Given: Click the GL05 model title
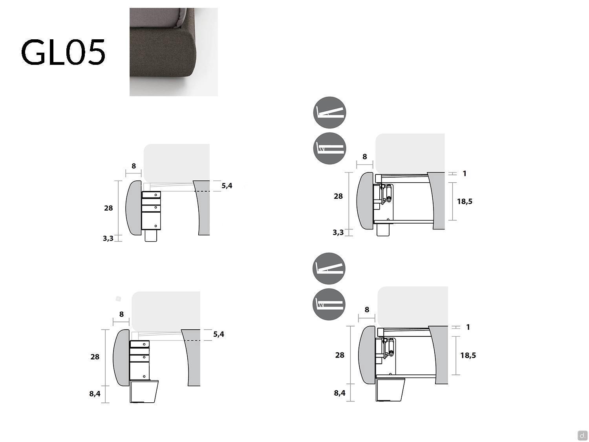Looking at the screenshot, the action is click(63, 52).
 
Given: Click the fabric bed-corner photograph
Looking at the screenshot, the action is click(174, 52).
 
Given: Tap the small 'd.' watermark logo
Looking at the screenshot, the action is click(582, 435).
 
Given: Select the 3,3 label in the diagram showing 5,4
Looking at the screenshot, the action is click(108, 238).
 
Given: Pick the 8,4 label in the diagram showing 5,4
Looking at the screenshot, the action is click(95, 394).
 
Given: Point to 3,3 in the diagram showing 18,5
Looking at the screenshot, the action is click(338, 233).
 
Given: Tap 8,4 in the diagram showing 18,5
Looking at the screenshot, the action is click(339, 393).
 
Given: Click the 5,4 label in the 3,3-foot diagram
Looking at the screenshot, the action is click(227, 186).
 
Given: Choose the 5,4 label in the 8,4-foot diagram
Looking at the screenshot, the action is click(219, 334).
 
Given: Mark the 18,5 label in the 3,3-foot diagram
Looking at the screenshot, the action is click(465, 201).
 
